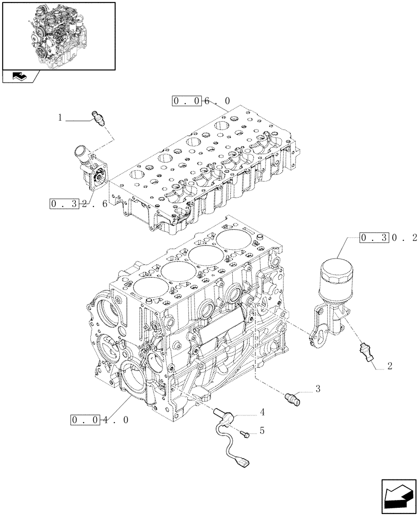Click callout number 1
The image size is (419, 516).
tap(60, 118)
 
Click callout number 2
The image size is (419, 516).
tap(390, 366)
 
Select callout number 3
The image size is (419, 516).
tap(318, 389)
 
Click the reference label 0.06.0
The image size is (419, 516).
tap(201, 102)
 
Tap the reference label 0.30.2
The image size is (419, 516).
tap(381, 238)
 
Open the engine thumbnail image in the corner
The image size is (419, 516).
tap(58, 35)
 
